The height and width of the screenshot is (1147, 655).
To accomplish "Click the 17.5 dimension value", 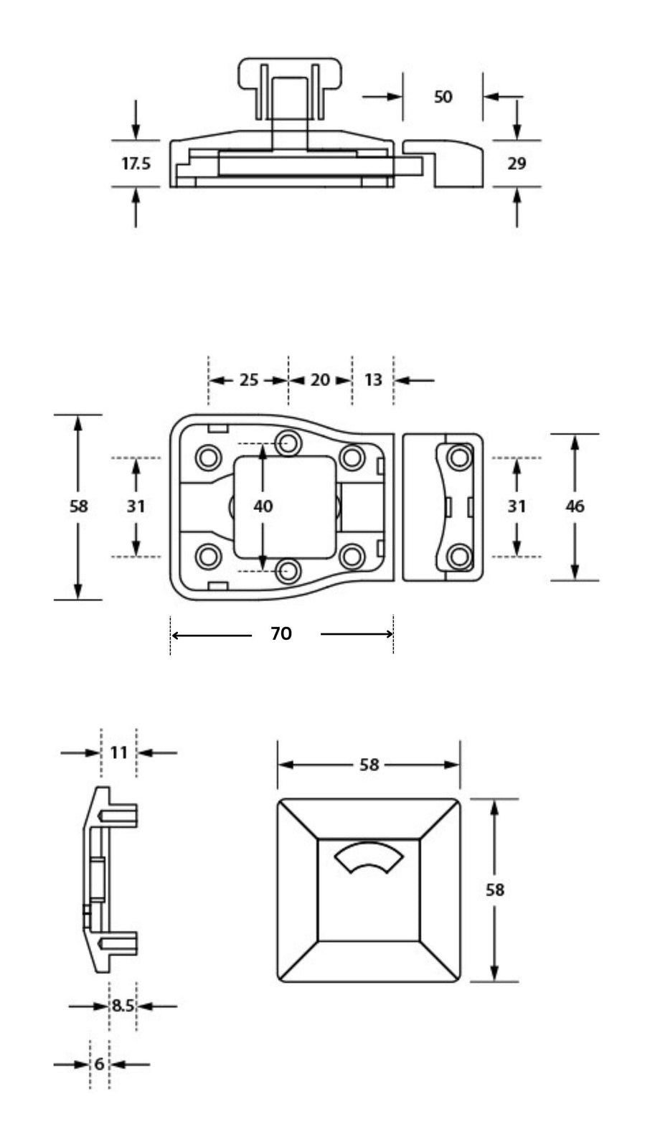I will coord(136,164).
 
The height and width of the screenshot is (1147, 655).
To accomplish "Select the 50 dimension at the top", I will coord(443,96).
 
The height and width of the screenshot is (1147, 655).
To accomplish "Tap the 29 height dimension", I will coord(517,164).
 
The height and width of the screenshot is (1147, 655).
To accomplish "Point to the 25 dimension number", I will coord(248,379).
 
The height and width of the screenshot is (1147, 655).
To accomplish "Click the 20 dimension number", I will coord(320,379).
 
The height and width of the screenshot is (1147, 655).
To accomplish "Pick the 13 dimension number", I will coord(373,379).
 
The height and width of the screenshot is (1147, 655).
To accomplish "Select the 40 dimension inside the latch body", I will coord(263,506).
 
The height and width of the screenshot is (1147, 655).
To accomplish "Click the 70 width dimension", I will coord(281,633).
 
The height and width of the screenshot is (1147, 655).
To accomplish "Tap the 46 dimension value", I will coord(575,506).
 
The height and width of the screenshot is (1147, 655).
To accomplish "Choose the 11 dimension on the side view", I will coord(119,752).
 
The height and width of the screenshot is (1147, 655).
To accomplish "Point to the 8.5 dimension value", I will coord(123,1006).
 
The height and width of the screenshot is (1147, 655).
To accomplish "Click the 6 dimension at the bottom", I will coord(100,1064).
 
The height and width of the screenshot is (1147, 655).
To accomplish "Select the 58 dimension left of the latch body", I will coord(78,506).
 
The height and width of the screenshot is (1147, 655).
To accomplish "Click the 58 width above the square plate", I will coord(369,765).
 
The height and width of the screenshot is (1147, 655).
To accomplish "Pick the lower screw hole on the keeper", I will coord(459,556).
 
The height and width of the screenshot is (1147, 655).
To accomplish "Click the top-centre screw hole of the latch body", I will coord(290,441).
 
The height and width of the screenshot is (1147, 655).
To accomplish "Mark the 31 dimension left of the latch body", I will coord(136,506).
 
